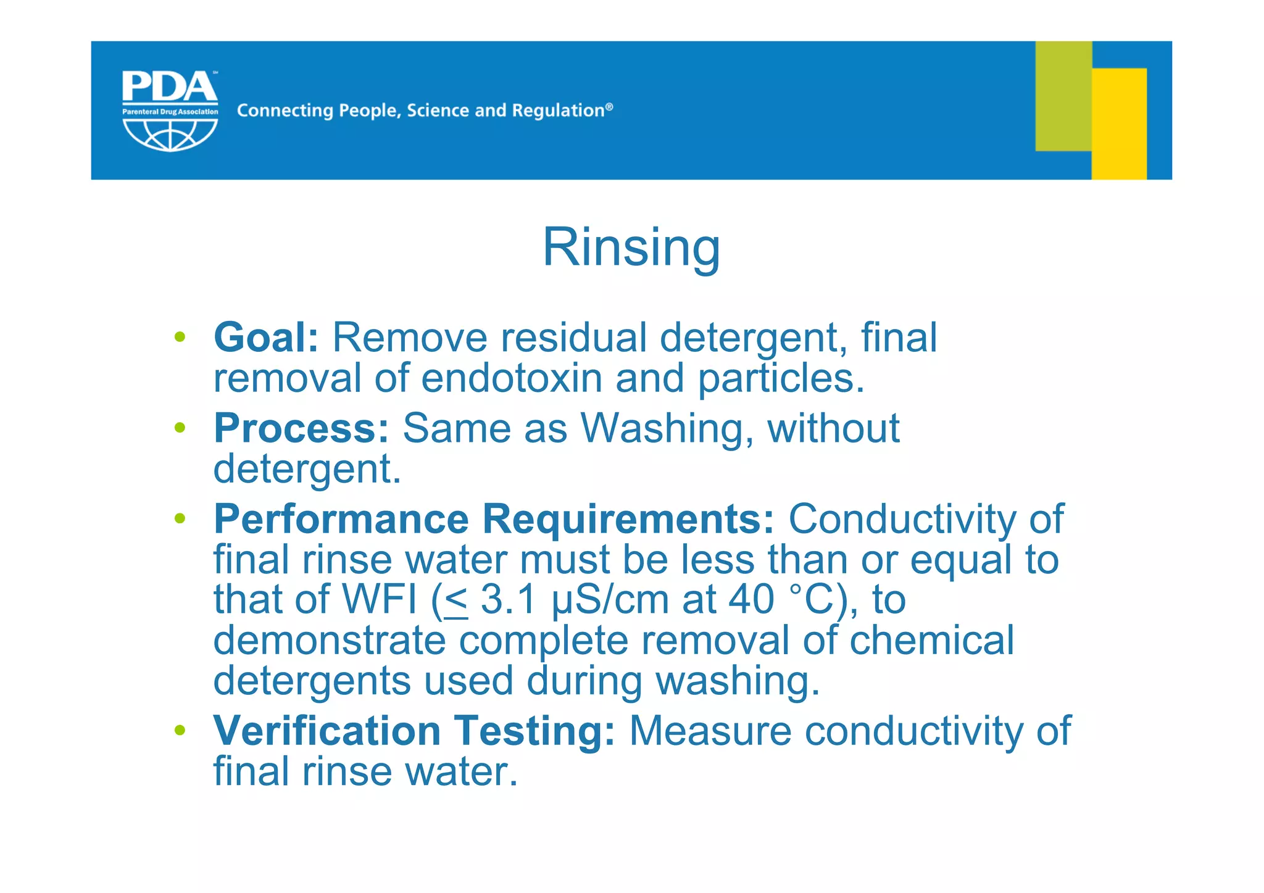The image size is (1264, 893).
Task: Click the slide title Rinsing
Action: (631, 247)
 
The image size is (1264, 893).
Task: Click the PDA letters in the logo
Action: (169, 87)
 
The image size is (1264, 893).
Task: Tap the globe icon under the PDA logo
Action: (170, 135)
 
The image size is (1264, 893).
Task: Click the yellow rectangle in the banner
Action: (1119, 123)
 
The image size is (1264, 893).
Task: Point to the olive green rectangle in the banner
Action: (1063, 96)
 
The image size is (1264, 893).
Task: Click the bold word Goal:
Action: (266, 338)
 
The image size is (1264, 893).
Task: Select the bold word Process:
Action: (301, 428)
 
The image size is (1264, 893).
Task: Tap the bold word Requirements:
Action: (628, 518)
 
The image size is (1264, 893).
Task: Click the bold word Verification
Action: (326, 731)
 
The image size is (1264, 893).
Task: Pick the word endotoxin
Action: (512, 378)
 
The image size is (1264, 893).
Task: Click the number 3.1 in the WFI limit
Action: (507, 599)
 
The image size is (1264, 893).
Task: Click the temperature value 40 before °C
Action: (750, 599)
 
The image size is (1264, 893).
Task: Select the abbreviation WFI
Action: (380, 599)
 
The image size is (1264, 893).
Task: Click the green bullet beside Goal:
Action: (180, 337)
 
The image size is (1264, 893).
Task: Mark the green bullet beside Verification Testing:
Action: (180, 730)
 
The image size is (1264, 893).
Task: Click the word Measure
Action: (710, 731)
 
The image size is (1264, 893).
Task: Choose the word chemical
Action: (931, 640)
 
